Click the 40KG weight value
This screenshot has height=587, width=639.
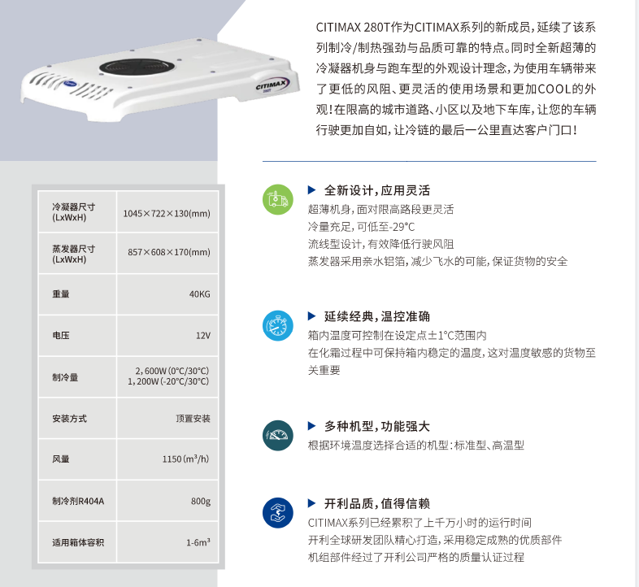click(199, 293)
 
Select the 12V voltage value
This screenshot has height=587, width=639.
click(202, 335)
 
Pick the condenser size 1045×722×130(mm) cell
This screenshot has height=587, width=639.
click(167, 213)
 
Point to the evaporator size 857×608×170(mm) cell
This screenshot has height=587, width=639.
click(169, 253)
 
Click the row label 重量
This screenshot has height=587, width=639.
click(60, 293)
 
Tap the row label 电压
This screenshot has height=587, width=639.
click(60, 335)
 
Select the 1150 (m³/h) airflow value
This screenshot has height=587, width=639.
click(186, 459)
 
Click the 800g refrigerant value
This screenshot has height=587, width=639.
click(201, 501)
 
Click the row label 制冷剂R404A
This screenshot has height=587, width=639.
click(78, 501)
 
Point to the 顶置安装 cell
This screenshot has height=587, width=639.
click(193, 419)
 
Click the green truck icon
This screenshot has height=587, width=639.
click(276, 199)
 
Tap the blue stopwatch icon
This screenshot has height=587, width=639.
click(276, 324)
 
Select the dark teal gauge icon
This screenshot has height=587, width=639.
click(276, 435)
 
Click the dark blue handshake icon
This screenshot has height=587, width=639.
click(276, 512)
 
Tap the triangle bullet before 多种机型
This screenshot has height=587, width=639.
click(311, 425)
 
